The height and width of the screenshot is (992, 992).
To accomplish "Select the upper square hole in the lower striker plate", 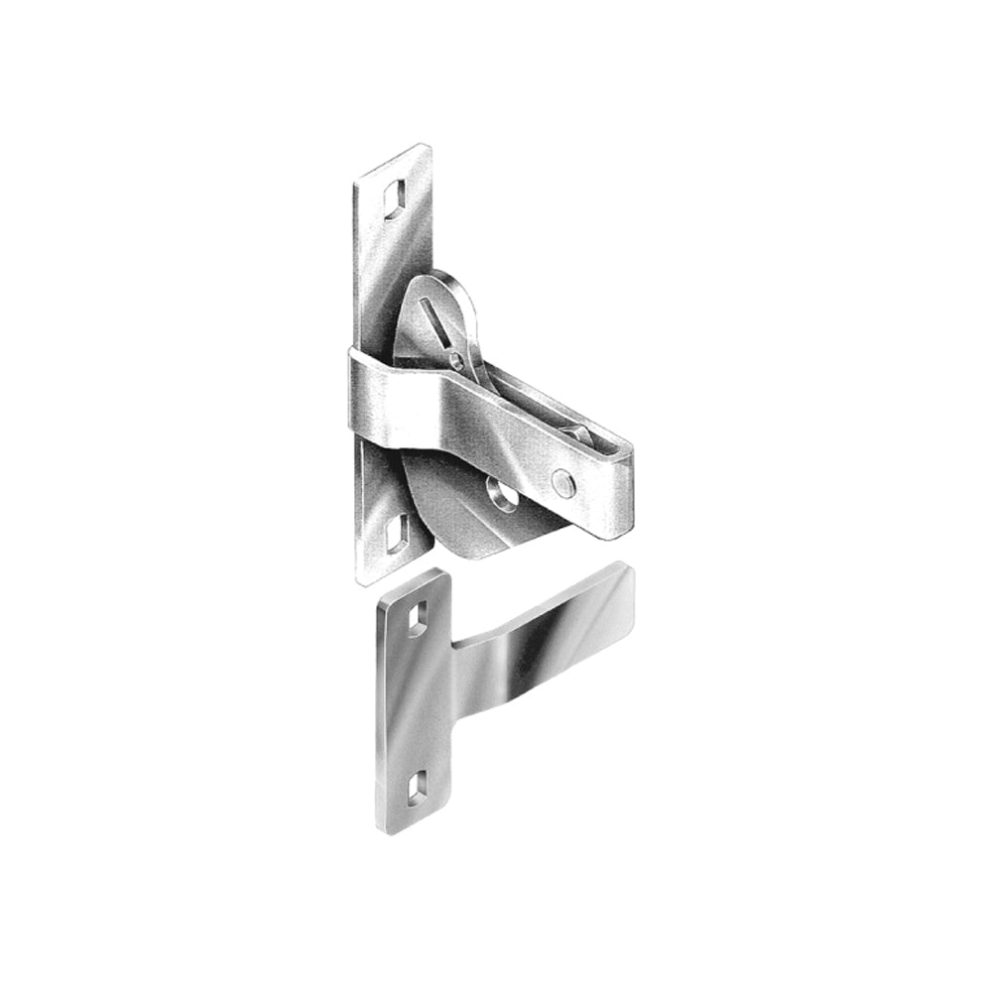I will point(417,618).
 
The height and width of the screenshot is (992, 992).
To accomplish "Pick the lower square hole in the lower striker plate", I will point(417,787).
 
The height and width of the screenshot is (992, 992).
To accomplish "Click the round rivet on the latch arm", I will point(562,482).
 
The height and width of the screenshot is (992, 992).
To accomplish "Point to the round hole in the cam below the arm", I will point(503,493).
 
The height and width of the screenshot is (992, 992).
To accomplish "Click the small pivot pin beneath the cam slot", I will point(456,359).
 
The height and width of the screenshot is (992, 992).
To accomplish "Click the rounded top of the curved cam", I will point(436,277).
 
